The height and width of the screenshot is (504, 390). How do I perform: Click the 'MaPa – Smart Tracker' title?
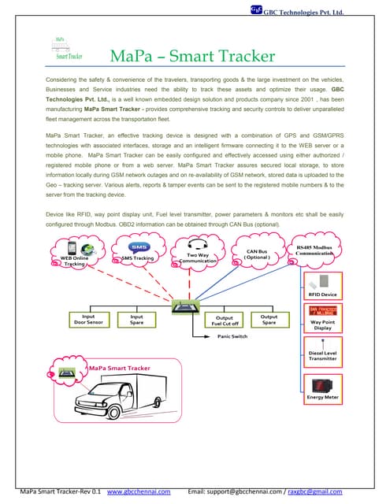pyautogui.click(x=192, y=57)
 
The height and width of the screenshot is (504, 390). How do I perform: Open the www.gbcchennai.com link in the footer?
pyautogui.click(x=139, y=492)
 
